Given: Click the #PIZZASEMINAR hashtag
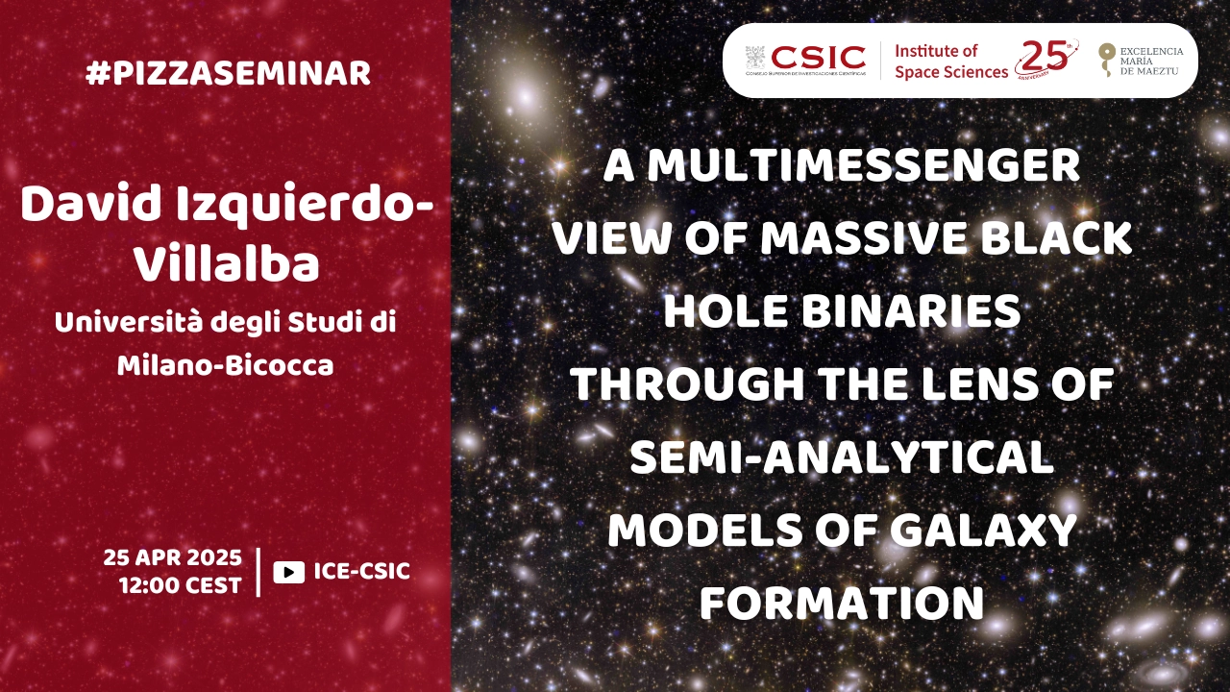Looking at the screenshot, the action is (229, 74).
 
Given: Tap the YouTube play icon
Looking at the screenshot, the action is (289, 572).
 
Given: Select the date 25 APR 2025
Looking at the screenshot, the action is (172, 557).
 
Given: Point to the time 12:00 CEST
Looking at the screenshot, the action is (181, 585).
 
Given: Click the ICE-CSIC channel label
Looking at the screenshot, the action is (362, 571).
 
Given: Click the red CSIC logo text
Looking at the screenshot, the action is (819, 57).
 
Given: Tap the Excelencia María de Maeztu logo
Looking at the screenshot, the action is (1141, 61).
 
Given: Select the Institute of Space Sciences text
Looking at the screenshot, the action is (951, 61).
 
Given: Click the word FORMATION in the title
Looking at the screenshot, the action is (842, 603).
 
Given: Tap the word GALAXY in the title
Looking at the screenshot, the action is (983, 530).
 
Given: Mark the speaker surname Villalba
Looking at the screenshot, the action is (227, 264).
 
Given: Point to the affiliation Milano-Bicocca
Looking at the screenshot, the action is (225, 365).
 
